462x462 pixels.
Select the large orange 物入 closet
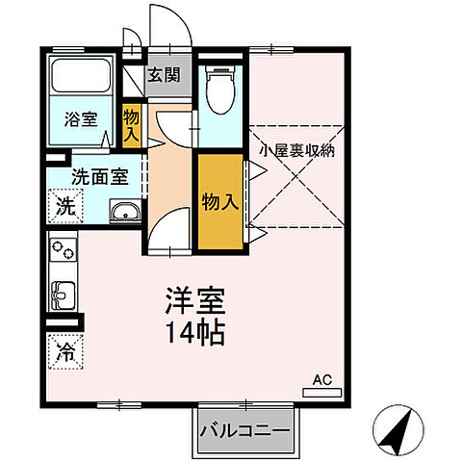[219, 202]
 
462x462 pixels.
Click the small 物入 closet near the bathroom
[132, 125]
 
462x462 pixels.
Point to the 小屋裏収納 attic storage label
[296, 150]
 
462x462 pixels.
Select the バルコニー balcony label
[244, 430]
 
